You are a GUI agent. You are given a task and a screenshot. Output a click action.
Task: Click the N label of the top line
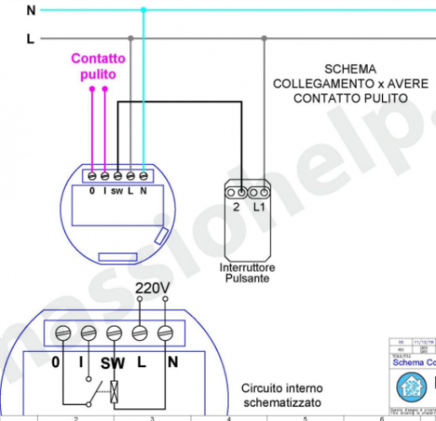[x=31, y=11]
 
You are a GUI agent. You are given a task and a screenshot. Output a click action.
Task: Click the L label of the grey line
[x=31, y=39]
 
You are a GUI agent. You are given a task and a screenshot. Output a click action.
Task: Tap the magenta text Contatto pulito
[x=98, y=67]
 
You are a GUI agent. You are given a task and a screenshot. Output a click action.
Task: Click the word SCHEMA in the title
[x=350, y=68]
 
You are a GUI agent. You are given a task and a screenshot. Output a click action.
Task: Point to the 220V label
[x=153, y=289]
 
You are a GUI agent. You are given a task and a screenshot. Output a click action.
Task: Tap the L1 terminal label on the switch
[x=260, y=206]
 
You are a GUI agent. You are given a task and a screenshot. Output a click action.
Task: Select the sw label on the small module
[x=117, y=191]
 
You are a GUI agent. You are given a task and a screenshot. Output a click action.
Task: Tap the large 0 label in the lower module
[x=56, y=363]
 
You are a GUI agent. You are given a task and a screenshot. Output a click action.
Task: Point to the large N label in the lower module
[x=172, y=363]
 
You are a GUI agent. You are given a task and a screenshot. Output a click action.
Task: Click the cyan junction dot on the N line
[x=143, y=10]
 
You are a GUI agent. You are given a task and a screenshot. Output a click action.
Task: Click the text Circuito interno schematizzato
[x=282, y=396]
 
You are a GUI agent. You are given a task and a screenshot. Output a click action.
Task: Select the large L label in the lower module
[x=142, y=363]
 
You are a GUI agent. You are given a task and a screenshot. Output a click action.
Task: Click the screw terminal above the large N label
[x=165, y=333]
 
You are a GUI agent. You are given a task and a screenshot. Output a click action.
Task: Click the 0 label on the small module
[x=92, y=191]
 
